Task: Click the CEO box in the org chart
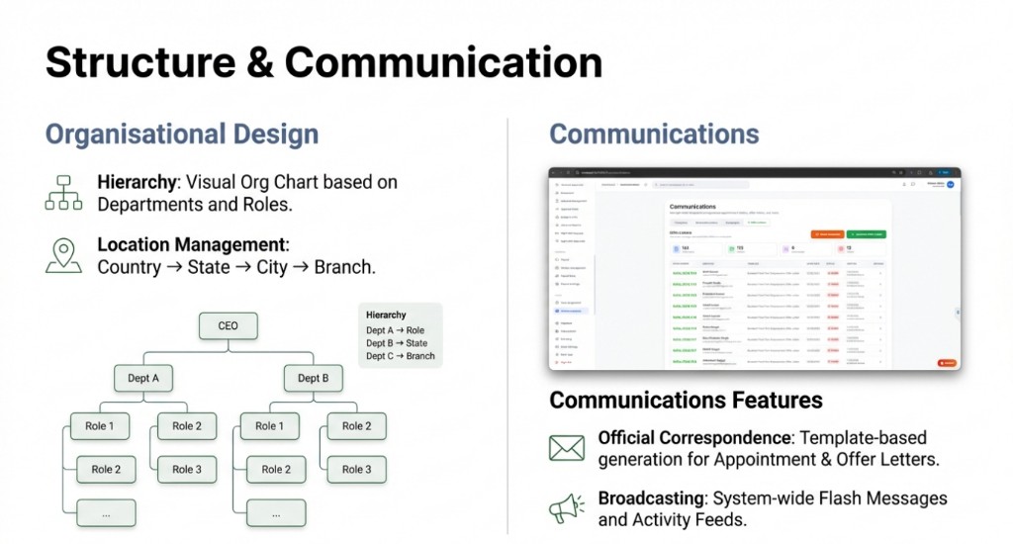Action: coord(228,326)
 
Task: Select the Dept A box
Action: coord(143,378)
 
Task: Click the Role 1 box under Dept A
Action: coord(99,426)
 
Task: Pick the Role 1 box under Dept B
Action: coord(265,426)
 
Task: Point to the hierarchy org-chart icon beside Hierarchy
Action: coord(64,192)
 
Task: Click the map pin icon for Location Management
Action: coord(64,253)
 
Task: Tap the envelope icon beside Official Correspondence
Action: coord(567,448)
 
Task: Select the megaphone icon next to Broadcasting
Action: coord(567,508)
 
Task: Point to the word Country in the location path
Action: coord(130,268)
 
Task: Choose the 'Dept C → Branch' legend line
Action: coord(400,356)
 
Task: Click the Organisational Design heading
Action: coord(182,135)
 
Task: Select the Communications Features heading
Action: coord(686,400)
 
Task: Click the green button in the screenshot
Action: coord(867,234)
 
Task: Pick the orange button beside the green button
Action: coord(827,234)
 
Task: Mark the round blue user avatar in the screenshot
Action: coord(951,184)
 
